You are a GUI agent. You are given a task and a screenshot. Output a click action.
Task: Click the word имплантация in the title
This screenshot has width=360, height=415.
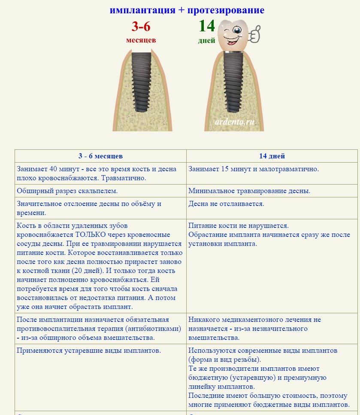click(x=142, y=10)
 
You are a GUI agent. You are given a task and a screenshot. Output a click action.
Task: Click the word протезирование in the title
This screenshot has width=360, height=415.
click(x=226, y=10)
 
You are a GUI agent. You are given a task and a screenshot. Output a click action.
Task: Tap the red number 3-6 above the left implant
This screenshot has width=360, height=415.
click(x=141, y=27)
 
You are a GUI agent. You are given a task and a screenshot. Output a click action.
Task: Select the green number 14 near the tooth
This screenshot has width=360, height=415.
click(x=206, y=26)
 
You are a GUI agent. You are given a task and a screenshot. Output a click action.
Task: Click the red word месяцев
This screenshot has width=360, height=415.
click(x=141, y=40)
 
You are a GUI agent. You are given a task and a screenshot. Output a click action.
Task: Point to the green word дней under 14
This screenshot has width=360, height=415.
click(x=206, y=41)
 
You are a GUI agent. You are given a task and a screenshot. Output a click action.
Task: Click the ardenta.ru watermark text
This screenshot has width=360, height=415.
click(x=235, y=121)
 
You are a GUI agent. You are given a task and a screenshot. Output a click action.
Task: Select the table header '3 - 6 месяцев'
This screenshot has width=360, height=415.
click(x=100, y=156)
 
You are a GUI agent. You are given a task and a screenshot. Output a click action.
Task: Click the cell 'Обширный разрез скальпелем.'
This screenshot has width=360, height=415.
click(x=67, y=191)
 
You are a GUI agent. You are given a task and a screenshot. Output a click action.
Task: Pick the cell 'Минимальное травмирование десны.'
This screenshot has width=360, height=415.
click(x=249, y=191)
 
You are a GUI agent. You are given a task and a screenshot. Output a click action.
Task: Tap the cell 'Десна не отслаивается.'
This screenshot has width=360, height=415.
click(x=226, y=203)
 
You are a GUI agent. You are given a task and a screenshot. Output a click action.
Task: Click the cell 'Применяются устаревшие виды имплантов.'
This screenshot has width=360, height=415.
click(x=88, y=350)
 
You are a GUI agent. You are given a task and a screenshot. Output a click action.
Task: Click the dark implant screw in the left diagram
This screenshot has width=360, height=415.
click(x=141, y=82)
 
